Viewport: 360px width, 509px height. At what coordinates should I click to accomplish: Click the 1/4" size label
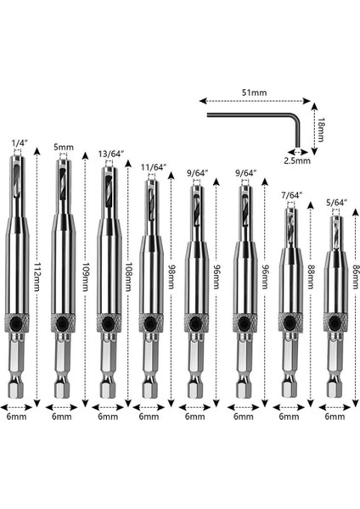pos(20,143)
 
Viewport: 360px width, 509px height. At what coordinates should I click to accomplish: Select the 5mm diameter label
pos(64,148)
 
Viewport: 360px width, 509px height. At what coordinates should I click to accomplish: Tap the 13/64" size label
pos(112,154)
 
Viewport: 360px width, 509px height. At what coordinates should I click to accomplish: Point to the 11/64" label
pos(154,167)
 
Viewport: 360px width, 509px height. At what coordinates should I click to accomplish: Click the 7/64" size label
pos(292,195)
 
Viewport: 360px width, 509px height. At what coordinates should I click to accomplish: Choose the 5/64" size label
pos(336,203)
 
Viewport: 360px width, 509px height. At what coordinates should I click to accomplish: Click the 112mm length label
pos(37,277)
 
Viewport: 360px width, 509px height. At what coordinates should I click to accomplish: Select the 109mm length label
pos(85,277)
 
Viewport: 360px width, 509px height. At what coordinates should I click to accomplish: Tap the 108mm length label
pos(129,277)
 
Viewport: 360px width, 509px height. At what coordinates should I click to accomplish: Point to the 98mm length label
pos(171,277)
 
